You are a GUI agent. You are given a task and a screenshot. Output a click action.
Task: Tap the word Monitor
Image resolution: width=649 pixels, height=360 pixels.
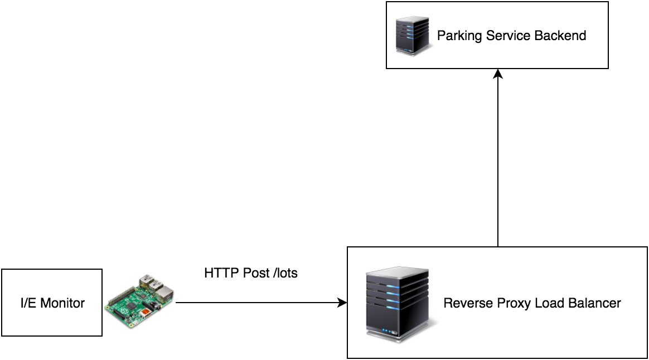[62, 303]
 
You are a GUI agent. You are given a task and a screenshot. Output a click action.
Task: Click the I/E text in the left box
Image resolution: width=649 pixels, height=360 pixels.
[28, 303]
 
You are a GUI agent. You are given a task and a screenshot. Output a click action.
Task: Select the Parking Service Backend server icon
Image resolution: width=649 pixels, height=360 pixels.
[413, 35]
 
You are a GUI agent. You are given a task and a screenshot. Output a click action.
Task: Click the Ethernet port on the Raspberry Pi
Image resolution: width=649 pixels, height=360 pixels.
[164, 293]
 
